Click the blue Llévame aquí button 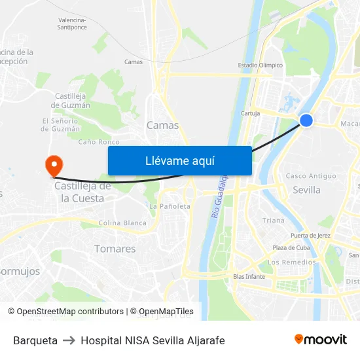tap(179, 160)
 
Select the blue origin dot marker tap(306, 120)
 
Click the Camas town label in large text tap(162, 125)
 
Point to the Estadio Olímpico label tap(260, 65)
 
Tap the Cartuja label tap(250, 113)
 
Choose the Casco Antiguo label tap(311, 176)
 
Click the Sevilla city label tap(306, 190)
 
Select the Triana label tap(274, 221)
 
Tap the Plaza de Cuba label tap(290, 247)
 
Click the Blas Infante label tap(249, 276)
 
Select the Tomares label tap(115, 249)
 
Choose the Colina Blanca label tap(122, 223)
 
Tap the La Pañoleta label tap(170, 206)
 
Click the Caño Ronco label tap(99, 141)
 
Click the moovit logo tap(320, 340)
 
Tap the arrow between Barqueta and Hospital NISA tap(69, 340)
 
